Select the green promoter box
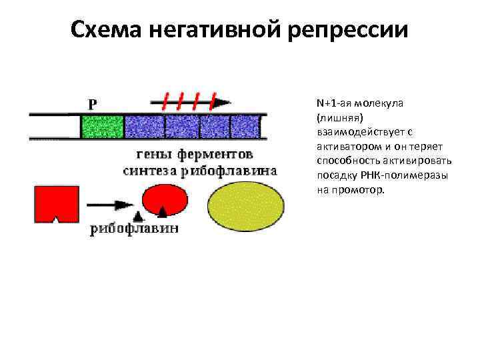pos(102,125)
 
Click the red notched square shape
pos(55,203)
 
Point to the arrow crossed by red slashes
pos(190,101)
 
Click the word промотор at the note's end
pos(364,189)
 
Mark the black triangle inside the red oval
pos(163,211)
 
